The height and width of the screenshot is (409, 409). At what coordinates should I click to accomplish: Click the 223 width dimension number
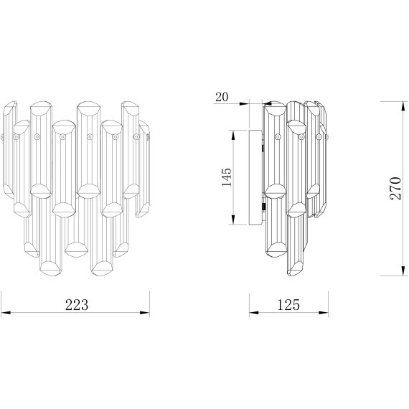(x=77, y=305)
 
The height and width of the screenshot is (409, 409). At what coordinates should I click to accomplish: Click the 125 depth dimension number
(x=288, y=305)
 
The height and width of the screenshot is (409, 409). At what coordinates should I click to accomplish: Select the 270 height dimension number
(x=395, y=188)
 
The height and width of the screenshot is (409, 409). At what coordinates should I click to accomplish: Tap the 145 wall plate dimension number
(x=227, y=177)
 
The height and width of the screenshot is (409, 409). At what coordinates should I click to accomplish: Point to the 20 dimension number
(x=222, y=97)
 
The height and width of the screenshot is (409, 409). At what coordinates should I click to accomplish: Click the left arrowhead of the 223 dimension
(x=6, y=312)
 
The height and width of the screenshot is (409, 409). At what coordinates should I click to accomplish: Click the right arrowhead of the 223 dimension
(x=145, y=312)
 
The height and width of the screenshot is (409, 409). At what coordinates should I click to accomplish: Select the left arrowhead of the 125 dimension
(x=254, y=312)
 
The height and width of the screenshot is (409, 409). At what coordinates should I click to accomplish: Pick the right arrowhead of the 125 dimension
(x=324, y=312)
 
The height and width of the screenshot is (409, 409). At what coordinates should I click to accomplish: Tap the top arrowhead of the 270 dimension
(x=403, y=106)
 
